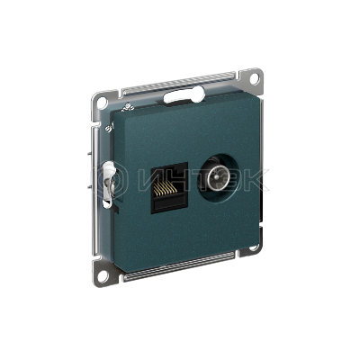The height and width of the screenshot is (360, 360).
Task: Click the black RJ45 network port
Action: pyautogui.click(x=169, y=188)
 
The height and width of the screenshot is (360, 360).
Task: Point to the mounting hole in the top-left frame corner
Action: pyautogui.click(x=102, y=103)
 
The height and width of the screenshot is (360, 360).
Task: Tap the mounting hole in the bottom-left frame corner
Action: pyautogui.click(x=103, y=275)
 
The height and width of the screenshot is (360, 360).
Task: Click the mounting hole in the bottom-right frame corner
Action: pyautogui.click(x=255, y=247)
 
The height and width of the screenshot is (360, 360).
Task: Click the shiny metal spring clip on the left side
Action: pyautogui.click(x=109, y=184)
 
